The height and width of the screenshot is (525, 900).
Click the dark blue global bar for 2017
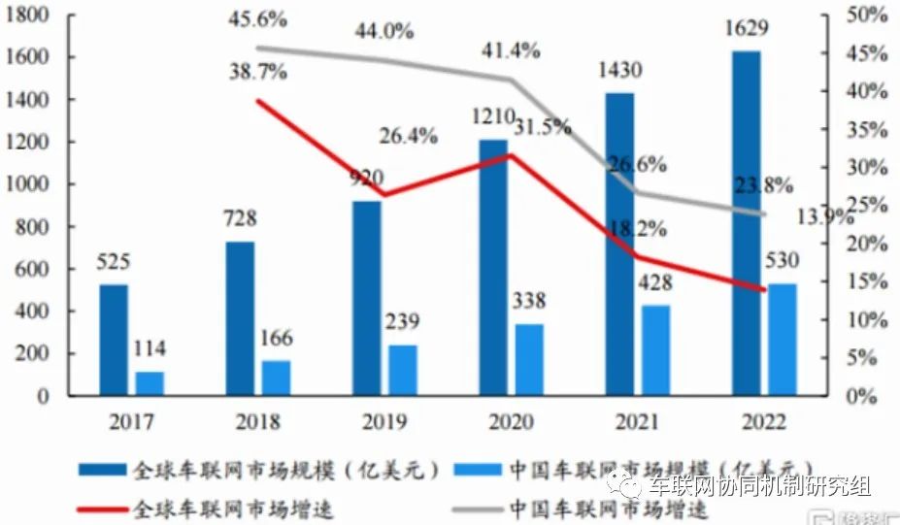[114, 340]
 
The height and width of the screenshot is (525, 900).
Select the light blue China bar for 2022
[782, 340]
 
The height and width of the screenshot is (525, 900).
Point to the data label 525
[114, 262]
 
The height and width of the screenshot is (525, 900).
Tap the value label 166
[275, 340]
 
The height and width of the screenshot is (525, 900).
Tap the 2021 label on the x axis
[634, 422]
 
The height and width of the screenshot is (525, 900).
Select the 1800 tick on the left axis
[26, 16]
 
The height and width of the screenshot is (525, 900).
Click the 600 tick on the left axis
[32, 269]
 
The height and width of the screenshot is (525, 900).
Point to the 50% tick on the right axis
[868, 16]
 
